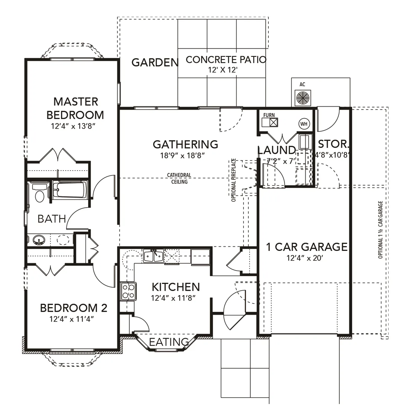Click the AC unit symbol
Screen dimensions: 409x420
(x=303, y=98)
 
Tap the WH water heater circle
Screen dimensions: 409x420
(x=304, y=124)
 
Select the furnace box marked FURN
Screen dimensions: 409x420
(x=270, y=122)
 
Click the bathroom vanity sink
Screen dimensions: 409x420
(x=39, y=240)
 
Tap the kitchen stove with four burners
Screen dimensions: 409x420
(x=128, y=291)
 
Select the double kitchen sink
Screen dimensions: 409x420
(x=153, y=256)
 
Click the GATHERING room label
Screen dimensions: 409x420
(x=186, y=144)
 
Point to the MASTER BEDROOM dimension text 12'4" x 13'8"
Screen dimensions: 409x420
(x=74, y=126)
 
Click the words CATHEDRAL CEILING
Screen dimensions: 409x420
(x=179, y=178)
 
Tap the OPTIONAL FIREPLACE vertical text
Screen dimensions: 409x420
(x=234, y=180)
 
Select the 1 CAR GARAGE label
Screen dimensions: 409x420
(x=307, y=247)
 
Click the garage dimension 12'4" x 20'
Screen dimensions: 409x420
(x=305, y=258)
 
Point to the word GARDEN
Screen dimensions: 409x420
(x=155, y=63)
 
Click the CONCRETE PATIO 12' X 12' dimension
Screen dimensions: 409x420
(x=223, y=70)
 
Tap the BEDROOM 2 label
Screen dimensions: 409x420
(x=74, y=308)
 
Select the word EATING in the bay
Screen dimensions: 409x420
(x=169, y=342)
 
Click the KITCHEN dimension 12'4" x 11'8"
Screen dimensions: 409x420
(x=173, y=298)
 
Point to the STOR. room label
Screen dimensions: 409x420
(x=334, y=144)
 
